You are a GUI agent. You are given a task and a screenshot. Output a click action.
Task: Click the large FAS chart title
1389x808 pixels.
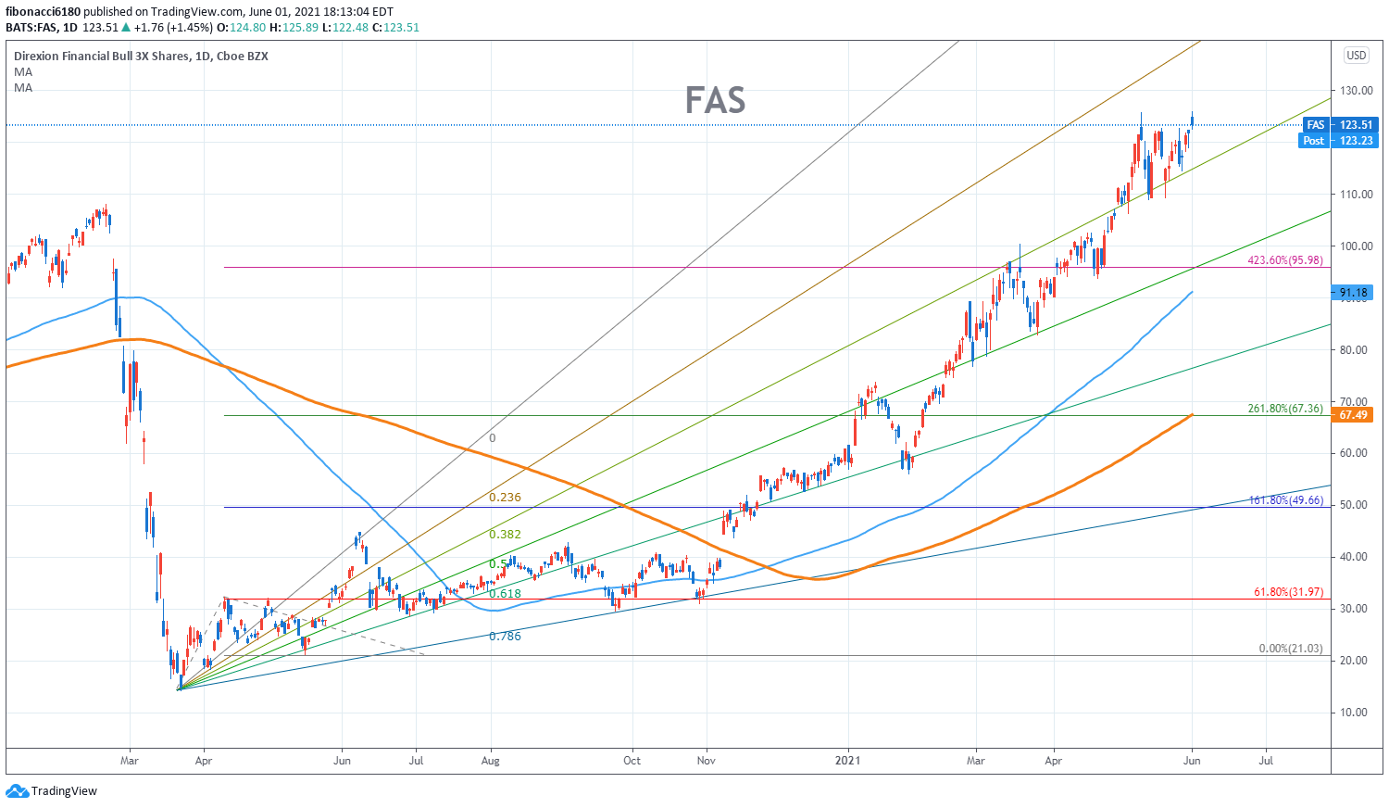click(715, 100)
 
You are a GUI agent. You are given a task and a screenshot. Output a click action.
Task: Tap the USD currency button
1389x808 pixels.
click(1356, 56)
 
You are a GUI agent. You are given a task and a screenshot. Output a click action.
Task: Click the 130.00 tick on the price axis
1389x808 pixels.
click(1355, 91)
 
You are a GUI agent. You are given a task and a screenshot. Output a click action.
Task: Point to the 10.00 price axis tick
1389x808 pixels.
click(1355, 713)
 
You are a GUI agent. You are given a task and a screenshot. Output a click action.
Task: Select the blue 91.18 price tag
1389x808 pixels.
click(1355, 293)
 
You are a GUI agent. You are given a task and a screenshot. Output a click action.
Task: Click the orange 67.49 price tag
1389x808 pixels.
click(1353, 415)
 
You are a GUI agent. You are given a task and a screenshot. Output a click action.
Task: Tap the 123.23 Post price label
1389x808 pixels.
click(1355, 141)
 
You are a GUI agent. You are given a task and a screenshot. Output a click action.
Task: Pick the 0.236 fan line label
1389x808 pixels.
click(505, 498)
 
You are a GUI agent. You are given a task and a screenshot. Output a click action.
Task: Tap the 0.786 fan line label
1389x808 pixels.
click(505, 637)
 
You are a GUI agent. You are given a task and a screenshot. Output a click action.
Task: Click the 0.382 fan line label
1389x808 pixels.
click(505, 535)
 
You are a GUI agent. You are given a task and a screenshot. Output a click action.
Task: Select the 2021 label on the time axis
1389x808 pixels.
click(847, 761)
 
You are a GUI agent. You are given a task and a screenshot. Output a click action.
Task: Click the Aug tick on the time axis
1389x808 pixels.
click(490, 761)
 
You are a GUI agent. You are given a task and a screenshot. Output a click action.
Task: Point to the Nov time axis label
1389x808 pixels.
click(707, 761)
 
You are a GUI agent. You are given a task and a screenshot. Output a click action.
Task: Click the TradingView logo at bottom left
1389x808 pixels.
click(52, 791)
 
